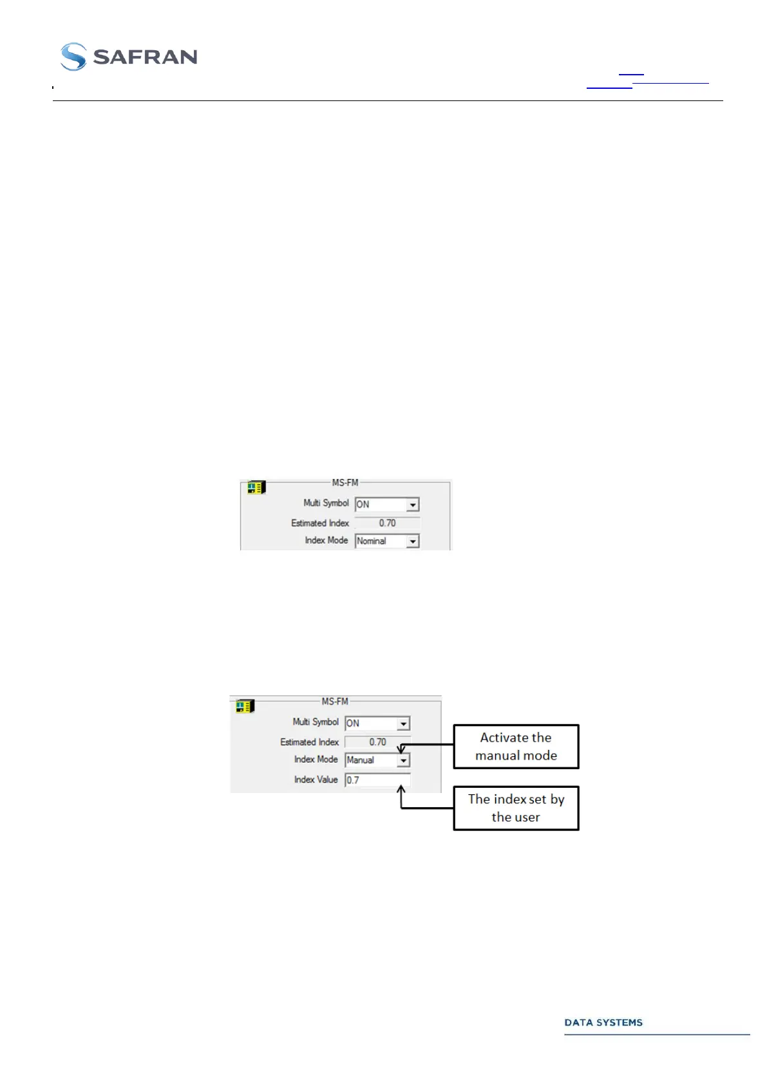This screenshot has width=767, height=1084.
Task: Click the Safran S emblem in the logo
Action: (73, 57)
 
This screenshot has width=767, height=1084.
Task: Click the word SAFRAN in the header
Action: (145, 57)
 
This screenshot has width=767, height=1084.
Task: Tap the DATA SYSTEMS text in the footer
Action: (603, 1022)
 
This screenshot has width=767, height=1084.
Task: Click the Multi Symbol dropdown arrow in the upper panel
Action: (413, 505)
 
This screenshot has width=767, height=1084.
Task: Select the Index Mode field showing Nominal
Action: (381, 541)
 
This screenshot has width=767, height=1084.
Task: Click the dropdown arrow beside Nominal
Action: (413, 542)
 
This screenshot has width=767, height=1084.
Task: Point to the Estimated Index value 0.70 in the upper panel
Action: (387, 523)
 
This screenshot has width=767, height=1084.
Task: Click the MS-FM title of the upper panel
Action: (345, 483)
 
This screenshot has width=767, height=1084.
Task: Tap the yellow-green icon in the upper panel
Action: (256, 488)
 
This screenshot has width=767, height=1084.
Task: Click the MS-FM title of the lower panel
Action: (335, 702)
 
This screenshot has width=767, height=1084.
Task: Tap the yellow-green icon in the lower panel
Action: (245, 707)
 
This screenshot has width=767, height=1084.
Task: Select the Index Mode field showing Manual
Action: (370, 760)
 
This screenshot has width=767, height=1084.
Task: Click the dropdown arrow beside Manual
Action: (403, 761)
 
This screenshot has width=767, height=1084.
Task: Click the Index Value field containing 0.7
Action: (377, 780)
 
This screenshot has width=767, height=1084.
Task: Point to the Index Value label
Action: (316, 780)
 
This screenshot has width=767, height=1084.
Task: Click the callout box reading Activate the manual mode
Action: (516, 747)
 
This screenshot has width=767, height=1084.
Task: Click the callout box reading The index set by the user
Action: (516, 808)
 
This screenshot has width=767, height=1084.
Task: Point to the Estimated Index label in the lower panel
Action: (309, 742)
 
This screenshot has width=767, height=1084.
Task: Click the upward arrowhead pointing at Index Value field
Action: (401, 789)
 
